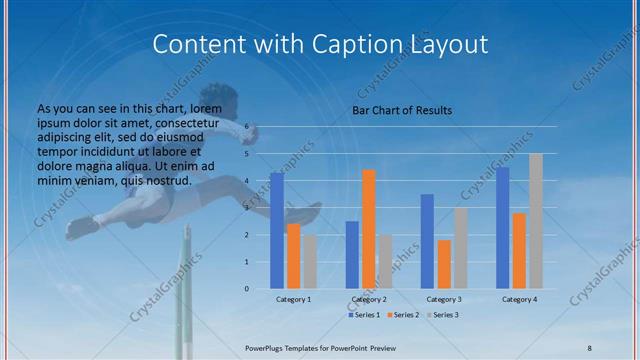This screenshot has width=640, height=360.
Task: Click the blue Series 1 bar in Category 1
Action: (x=277, y=231)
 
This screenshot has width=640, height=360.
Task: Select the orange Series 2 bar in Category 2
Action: (x=369, y=229)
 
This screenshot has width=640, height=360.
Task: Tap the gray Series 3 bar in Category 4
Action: (x=536, y=221)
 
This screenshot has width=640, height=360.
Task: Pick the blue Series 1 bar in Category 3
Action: (x=427, y=241)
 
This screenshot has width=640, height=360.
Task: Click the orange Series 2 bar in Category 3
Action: (x=444, y=264)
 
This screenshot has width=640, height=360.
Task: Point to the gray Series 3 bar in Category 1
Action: (x=310, y=261)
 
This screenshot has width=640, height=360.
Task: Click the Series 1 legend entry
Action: (x=365, y=316)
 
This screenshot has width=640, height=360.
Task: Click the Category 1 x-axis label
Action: (x=294, y=299)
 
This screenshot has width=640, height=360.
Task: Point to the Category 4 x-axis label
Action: (x=519, y=299)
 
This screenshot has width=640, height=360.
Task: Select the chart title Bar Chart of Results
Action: (x=402, y=110)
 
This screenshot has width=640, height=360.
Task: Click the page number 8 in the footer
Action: (x=590, y=346)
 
